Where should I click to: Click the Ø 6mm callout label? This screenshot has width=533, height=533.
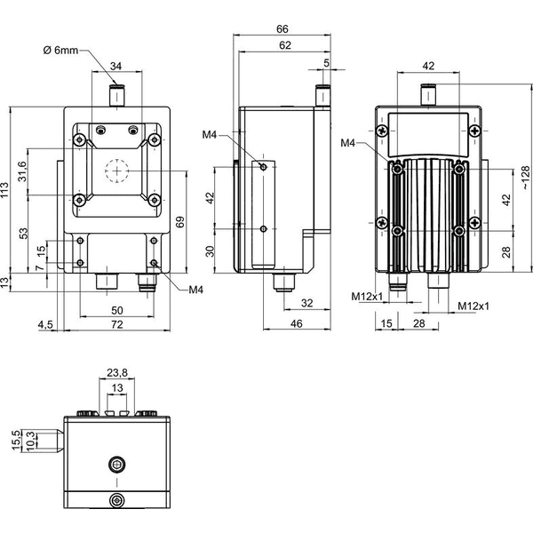60,51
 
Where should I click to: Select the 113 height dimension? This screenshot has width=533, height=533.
4,190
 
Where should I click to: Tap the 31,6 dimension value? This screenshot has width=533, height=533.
22,171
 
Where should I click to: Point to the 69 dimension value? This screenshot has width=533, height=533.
180,221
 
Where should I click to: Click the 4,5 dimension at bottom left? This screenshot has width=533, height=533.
45,324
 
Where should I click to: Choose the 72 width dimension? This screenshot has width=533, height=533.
116,324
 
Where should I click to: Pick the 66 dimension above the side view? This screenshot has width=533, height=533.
282,29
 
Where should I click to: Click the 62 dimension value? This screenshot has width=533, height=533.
285,45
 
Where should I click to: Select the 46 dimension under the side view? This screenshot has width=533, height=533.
296,323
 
